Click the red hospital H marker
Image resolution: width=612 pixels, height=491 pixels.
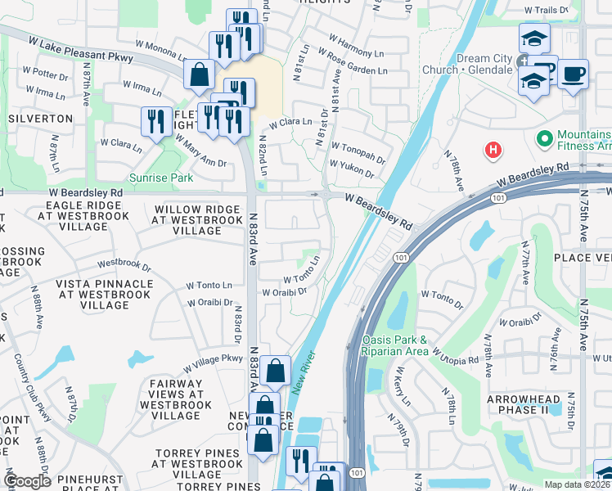click(x=493, y=150)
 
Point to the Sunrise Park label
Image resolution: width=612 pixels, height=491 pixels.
click(x=160, y=177)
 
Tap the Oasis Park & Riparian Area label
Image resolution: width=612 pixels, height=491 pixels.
click(x=394, y=345)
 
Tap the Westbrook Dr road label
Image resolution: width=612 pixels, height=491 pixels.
click(x=124, y=264)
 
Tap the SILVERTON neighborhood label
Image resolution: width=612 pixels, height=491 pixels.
click(x=41, y=119)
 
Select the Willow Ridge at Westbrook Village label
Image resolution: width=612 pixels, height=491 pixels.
click(x=187, y=220)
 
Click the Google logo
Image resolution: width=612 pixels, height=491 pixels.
click(x=27, y=481)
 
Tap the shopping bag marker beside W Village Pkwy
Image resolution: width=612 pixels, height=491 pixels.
click(x=277, y=371)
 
